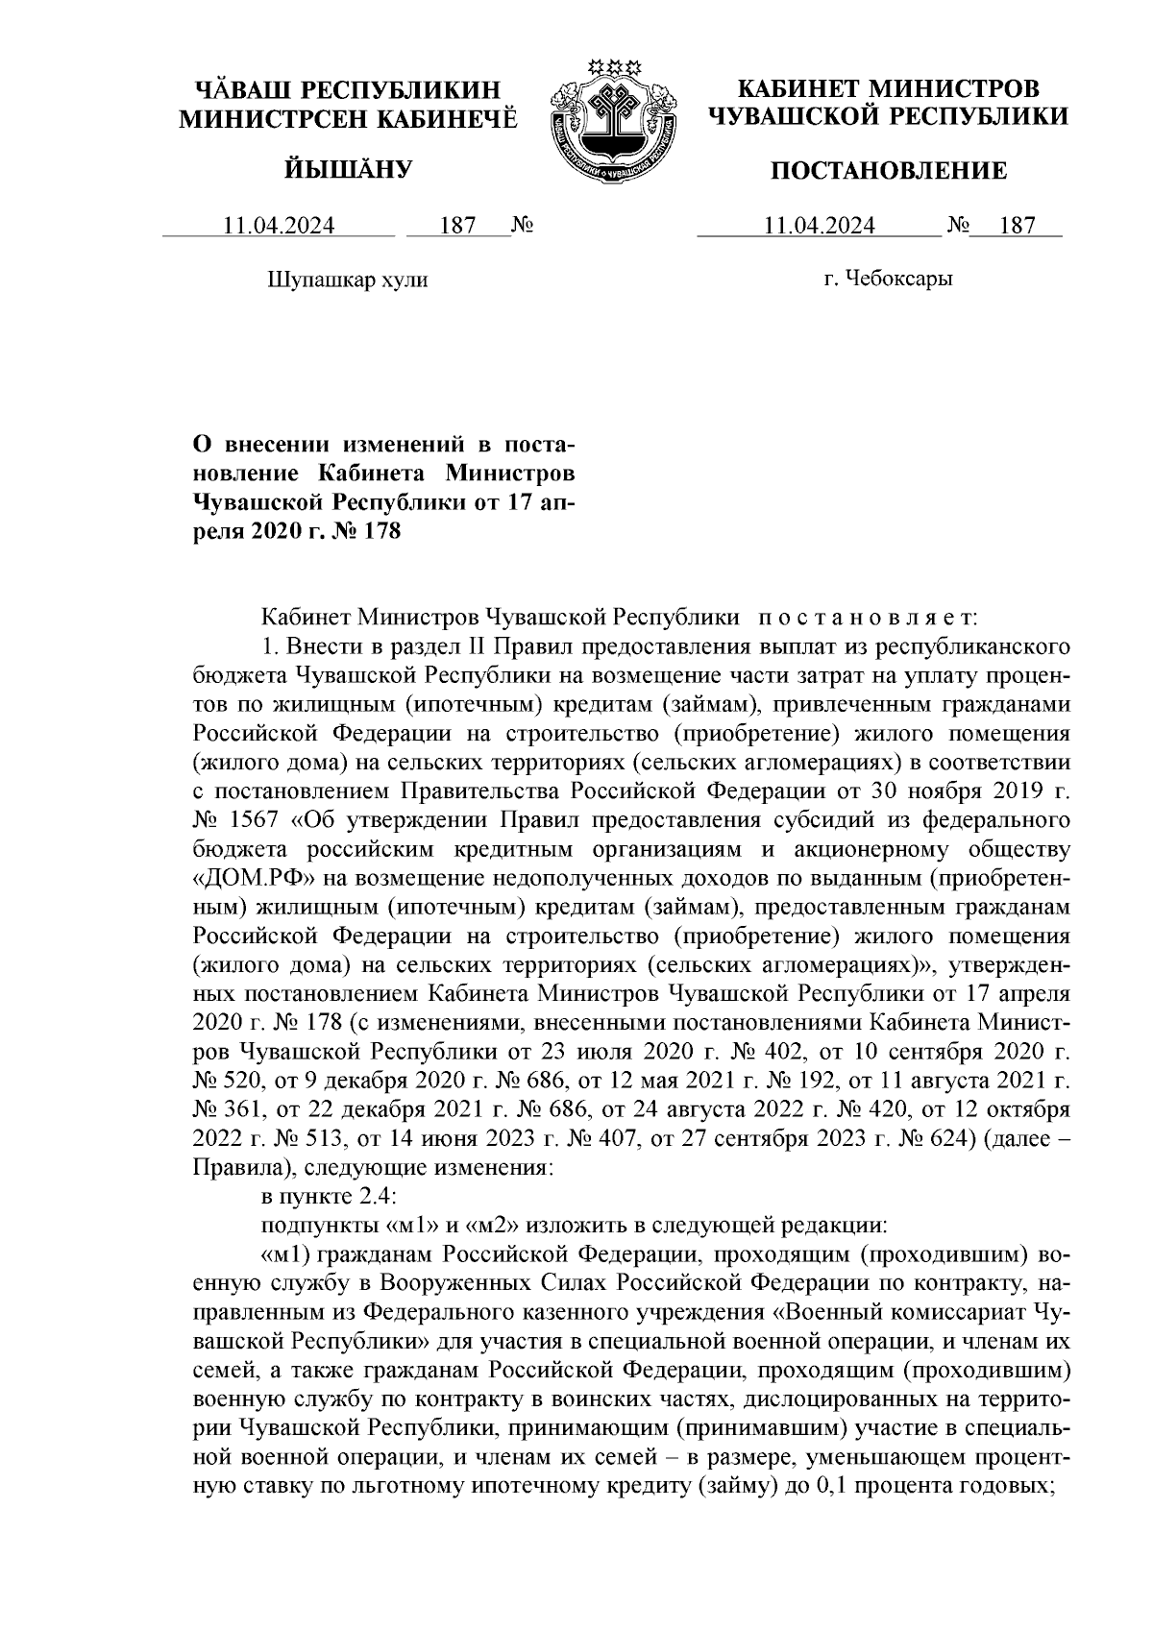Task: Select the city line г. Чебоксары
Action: tap(889, 280)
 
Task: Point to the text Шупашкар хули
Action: tap(346, 280)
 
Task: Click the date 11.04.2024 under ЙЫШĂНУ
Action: tap(279, 227)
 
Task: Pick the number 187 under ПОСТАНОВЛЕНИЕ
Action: tap(1017, 227)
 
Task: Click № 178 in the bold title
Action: tap(368, 530)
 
